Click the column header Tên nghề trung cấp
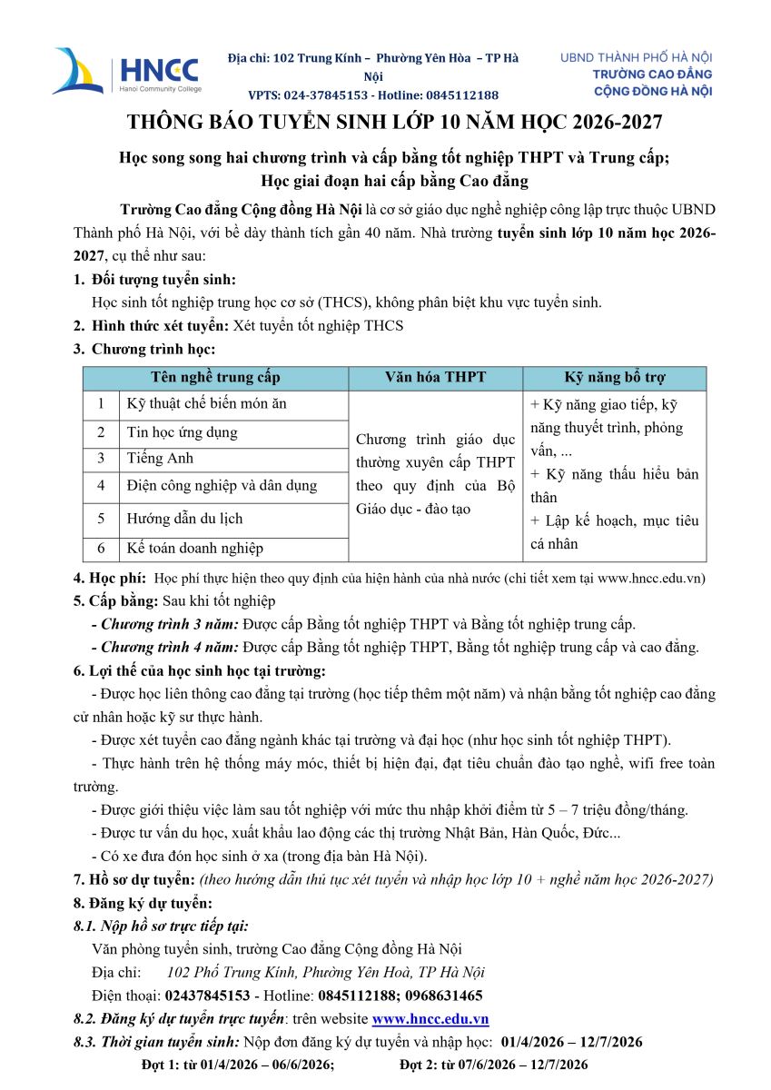click(x=215, y=377)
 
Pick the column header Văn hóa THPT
click(x=435, y=377)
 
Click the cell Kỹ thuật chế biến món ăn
click(x=206, y=403)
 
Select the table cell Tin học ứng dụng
click(x=182, y=432)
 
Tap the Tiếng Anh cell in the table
click(x=160, y=458)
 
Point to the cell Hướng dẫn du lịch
click(x=184, y=519)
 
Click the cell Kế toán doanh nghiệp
click(x=194, y=548)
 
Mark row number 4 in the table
click(x=101, y=486)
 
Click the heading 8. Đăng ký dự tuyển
click(x=143, y=903)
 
